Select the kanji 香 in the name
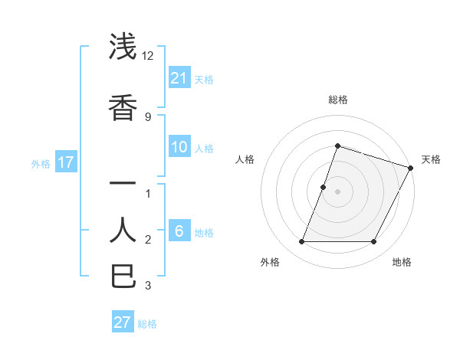[123, 107]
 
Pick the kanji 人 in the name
[123, 229]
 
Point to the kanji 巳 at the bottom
[123, 276]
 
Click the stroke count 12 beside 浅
[148, 56]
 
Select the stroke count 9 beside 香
[148, 116]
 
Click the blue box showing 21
[179, 77]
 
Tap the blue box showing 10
[179, 147]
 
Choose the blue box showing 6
[179, 231]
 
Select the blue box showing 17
[65, 162]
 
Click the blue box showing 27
[123, 322]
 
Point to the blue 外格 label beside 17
[41, 163]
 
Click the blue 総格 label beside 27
[147, 323]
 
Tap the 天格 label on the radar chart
[431, 159]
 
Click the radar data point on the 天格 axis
[411, 168]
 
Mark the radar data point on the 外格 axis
[301, 242]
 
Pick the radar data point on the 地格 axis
[374, 242]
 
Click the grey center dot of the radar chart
[337, 191]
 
